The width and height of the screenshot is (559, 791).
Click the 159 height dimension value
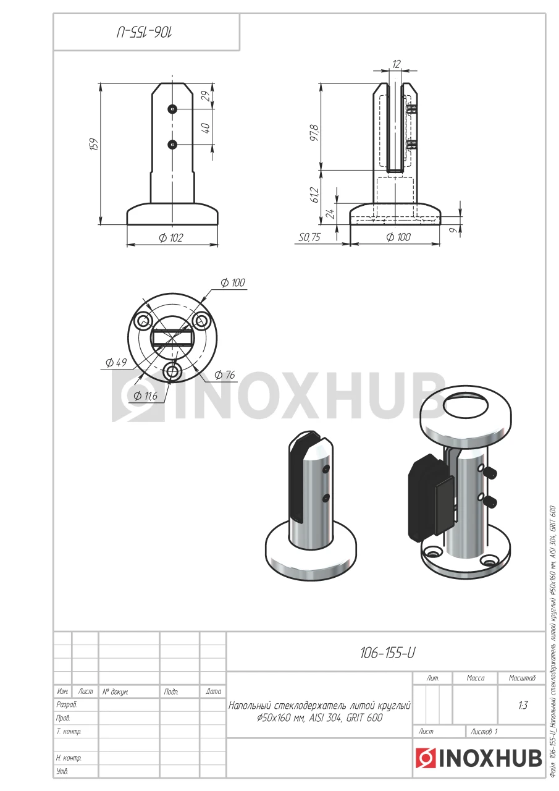click(95, 145)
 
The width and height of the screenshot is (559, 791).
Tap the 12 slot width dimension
click(397, 64)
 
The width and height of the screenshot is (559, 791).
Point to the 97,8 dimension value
click(315, 133)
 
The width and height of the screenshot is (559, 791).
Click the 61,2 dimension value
click(315, 194)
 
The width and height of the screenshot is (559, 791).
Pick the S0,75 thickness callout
click(309, 237)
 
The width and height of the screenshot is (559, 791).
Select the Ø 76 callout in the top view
click(224, 374)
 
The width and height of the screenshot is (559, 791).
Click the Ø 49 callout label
click(116, 362)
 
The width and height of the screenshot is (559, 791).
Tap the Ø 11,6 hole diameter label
click(145, 396)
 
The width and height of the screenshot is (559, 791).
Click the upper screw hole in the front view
click(172, 109)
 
